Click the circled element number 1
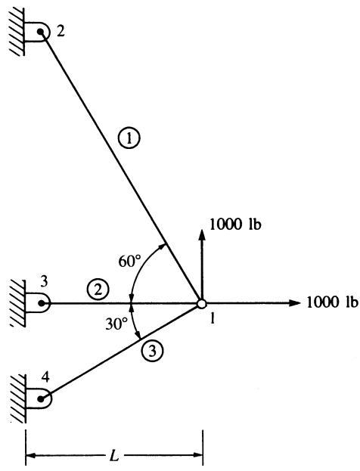pyautogui.click(x=129, y=139)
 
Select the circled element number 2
pyautogui.click(x=98, y=290)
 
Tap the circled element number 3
pyautogui.click(x=153, y=351)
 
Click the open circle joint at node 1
pyautogui.click(x=202, y=304)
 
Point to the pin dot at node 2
pyautogui.click(x=40, y=31)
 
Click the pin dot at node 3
pyautogui.click(x=42, y=303)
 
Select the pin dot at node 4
pyautogui.click(x=41, y=399)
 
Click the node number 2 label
pyautogui.click(x=61, y=32)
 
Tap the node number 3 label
pyautogui.click(x=44, y=282)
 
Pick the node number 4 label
pyautogui.click(x=45, y=377)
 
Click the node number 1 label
pyautogui.click(x=213, y=318)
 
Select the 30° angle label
pyautogui.click(x=116, y=324)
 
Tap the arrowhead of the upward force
pyautogui.click(x=202, y=234)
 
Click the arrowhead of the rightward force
pyautogui.click(x=294, y=303)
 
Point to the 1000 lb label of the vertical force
pyautogui.click(x=235, y=224)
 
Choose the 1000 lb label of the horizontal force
pyautogui.click(x=332, y=302)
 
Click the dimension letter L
pyautogui.click(x=114, y=457)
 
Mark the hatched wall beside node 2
pyautogui.click(x=17, y=32)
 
